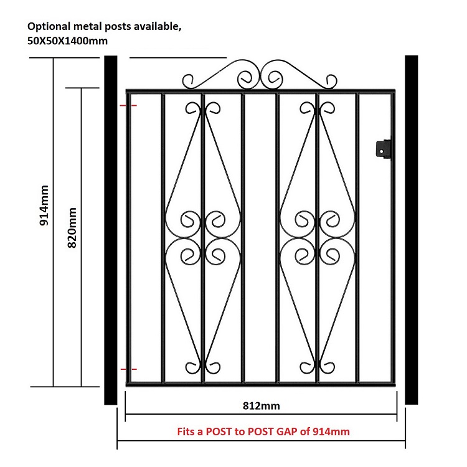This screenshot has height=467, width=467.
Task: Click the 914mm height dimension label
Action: point(44,205)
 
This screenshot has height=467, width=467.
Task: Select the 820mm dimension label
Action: point(72,228)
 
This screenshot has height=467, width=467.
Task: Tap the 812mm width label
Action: point(261,406)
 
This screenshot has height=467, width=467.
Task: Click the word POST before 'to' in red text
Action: point(219,432)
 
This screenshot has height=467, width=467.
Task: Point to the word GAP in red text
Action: point(287,432)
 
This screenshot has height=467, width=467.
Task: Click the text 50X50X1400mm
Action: point(68,41)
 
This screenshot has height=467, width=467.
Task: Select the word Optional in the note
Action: point(49,27)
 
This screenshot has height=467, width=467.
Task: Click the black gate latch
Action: point(384,148)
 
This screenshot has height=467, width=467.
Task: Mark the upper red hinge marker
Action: point(128,105)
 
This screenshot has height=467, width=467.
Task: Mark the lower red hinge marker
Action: point(128,369)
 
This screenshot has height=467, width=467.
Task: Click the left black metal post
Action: point(110,230)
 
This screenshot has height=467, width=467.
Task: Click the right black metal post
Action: point(412,230)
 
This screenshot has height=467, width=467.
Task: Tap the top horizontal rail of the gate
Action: point(261,91)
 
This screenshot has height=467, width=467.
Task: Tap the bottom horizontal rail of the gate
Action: point(261,385)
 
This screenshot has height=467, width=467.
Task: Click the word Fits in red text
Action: point(186,432)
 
